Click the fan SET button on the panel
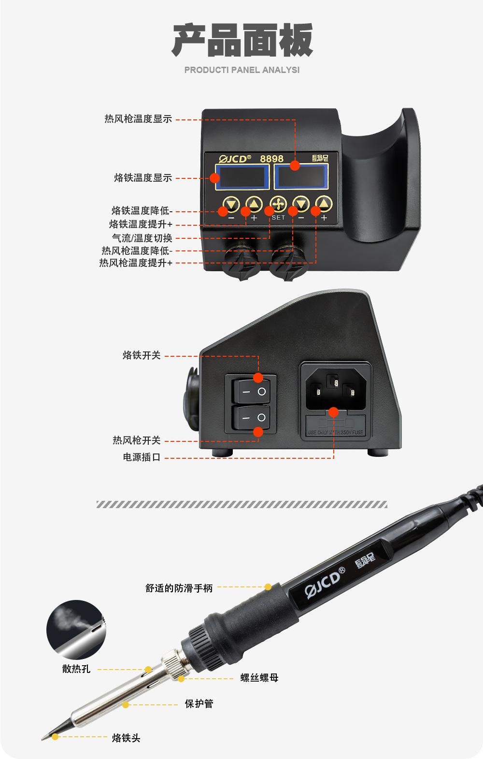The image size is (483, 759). click(278, 204)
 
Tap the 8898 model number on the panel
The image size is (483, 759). click(272, 159)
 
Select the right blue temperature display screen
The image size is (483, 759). click(301, 177)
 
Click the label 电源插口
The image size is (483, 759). click(142, 457)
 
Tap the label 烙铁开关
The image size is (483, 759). click(142, 355)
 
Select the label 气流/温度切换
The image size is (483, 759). click(142, 238)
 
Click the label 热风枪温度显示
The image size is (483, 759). click(138, 118)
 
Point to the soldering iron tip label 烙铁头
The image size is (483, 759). click(126, 738)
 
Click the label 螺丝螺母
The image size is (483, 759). click(259, 678)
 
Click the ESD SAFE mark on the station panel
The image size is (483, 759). click(320, 158)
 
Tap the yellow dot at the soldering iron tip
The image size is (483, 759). click(55, 737)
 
